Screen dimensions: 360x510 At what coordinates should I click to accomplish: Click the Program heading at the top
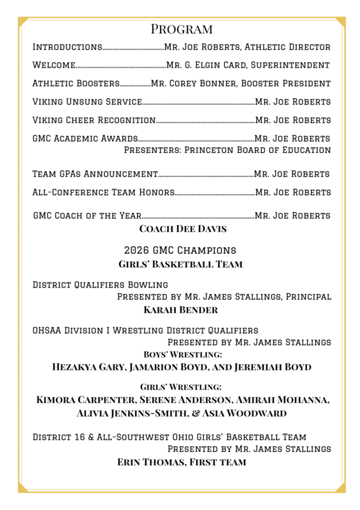click(182, 29)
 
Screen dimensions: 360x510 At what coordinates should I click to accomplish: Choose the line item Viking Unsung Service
click(87, 102)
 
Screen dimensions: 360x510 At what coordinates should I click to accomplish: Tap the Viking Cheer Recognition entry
click(94, 120)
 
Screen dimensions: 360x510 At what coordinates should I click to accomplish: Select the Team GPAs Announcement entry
click(95, 174)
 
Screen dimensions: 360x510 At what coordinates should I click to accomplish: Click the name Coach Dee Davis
click(182, 229)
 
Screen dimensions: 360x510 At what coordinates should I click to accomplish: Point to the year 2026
click(138, 251)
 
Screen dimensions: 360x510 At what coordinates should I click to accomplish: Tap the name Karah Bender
click(181, 310)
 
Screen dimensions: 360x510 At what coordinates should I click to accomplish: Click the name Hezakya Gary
click(89, 367)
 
